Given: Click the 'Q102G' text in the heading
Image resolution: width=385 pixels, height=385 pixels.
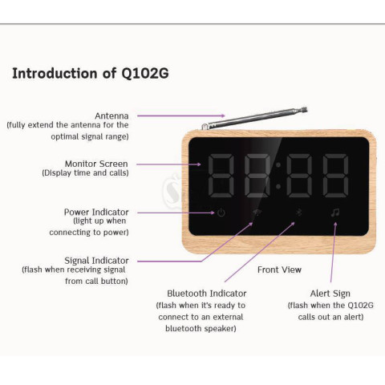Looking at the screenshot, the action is pyautogui.click(x=145, y=74).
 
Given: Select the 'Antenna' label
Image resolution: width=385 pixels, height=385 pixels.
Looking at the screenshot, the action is pyautogui.click(x=111, y=115).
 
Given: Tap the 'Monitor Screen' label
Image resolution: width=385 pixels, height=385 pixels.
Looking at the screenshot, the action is pyautogui.click(x=96, y=164).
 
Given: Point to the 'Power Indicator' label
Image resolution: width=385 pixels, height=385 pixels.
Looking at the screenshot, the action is pyautogui.click(x=96, y=212).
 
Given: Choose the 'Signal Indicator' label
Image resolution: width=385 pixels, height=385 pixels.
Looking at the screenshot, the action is pyautogui.click(x=96, y=261).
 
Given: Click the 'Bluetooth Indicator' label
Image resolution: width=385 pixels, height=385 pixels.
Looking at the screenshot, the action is pyautogui.click(x=207, y=294).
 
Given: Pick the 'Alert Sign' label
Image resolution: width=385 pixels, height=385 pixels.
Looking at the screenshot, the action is pyautogui.click(x=330, y=294).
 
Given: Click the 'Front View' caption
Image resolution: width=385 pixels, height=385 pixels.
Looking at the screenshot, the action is pyautogui.click(x=279, y=269).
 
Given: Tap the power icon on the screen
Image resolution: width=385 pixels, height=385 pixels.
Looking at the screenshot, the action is pyautogui.click(x=221, y=213).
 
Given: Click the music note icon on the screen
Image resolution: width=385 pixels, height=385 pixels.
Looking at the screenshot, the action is pyautogui.click(x=335, y=213).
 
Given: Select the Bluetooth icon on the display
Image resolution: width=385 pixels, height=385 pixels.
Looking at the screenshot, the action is pyautogui.click(x=298, y=213).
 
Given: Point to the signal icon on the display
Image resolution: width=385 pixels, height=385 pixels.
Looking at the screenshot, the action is pyautogui.click(x=257, y=213).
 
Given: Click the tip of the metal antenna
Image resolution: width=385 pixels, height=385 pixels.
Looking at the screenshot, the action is pyautogui.click(x=305, y=110).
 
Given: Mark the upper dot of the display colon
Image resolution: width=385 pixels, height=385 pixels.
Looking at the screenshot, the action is pyautogui.click(x=278, y=165).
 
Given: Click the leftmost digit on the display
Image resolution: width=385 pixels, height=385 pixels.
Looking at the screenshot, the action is pyautogui.click(x=221, y=176).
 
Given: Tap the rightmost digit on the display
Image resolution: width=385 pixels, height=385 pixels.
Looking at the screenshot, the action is pyautogui.click(x=335, y=176).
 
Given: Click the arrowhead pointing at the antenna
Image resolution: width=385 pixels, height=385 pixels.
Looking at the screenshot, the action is pyautogui.click(x=223, y=115).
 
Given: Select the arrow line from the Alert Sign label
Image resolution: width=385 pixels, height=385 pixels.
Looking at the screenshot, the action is pyautogui.click(x=333, y=252).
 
